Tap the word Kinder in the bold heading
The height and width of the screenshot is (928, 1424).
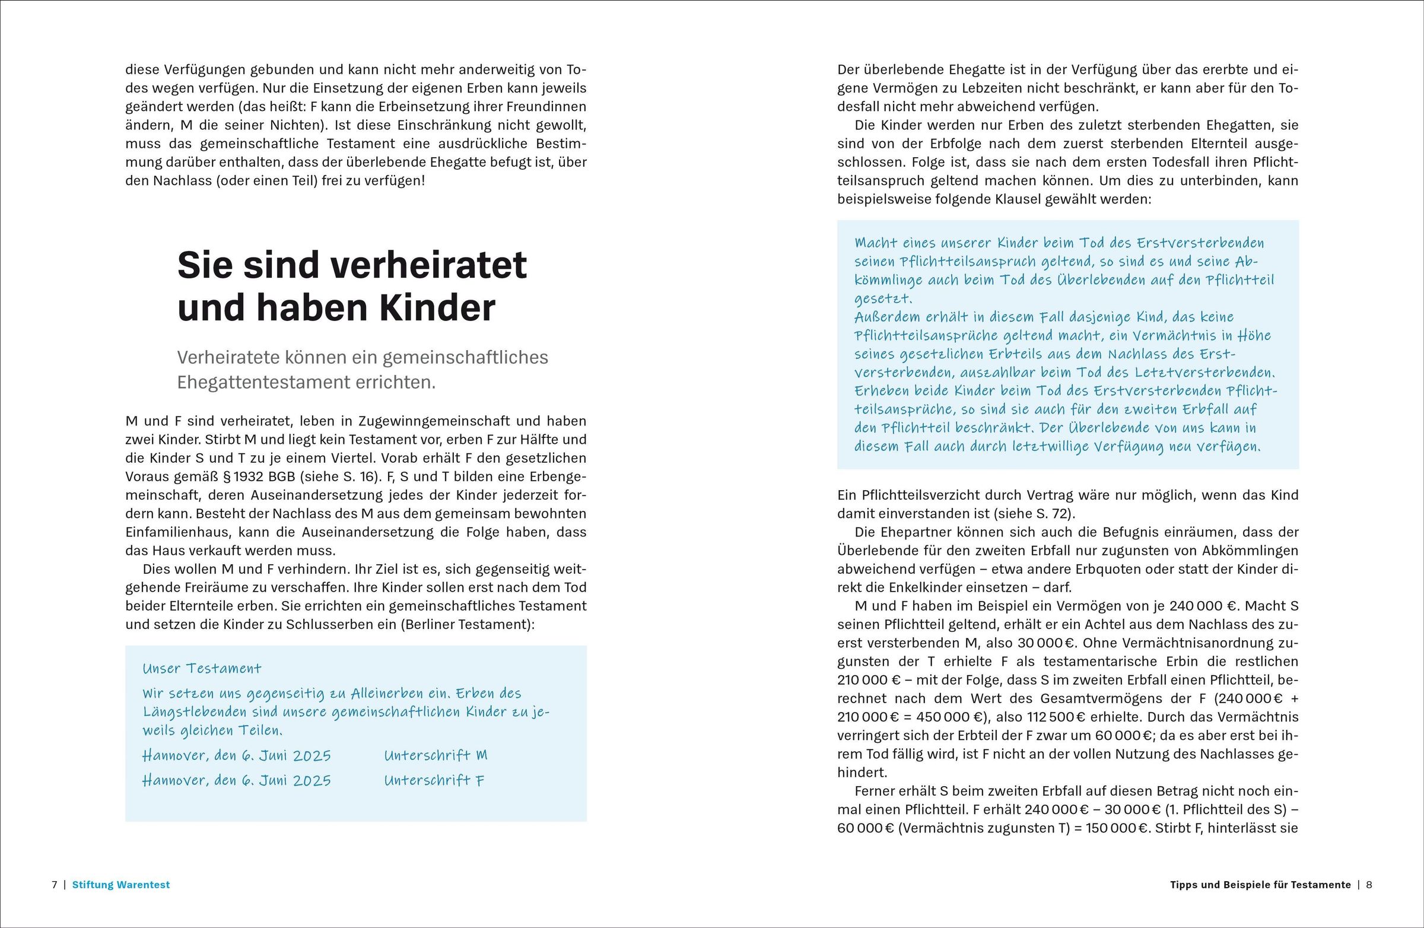point(437,307)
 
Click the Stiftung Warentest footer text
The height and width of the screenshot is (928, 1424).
point(121,884)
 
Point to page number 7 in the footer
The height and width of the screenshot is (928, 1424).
point(55,884)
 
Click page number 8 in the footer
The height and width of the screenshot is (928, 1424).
point(1369,884)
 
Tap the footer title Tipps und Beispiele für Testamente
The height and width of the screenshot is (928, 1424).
point(1260,884)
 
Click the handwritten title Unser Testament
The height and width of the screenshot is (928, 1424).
point(202,668)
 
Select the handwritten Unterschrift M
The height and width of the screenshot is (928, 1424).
point(436,755)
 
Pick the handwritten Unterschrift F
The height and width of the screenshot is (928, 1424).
point(434,780)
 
